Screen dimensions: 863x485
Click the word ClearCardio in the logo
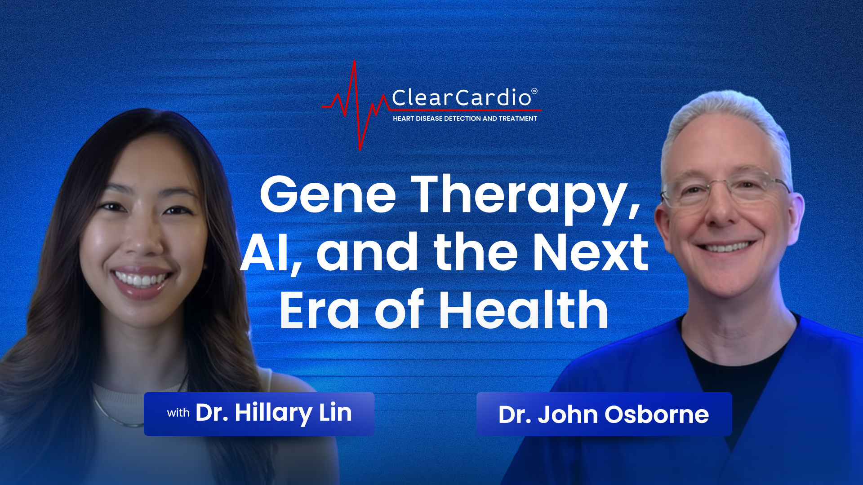click(x=462, y=97)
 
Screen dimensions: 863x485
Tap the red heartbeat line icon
click(x=355, y=106)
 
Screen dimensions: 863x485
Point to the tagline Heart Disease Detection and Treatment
click(x=465, y=119)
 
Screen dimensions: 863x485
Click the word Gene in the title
click(x=328, y=194)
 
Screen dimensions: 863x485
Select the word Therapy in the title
click(x=526, y=198)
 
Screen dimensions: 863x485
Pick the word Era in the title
click(x=319, y=310)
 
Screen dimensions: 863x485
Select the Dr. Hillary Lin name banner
click(x=259, y=414)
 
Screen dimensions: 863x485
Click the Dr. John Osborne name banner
click(x=604, y=414)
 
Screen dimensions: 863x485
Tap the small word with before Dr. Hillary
click(x=178, y=413)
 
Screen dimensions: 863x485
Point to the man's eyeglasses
click(x=725, y=188)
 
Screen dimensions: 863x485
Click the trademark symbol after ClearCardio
click(x=534, y=91)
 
